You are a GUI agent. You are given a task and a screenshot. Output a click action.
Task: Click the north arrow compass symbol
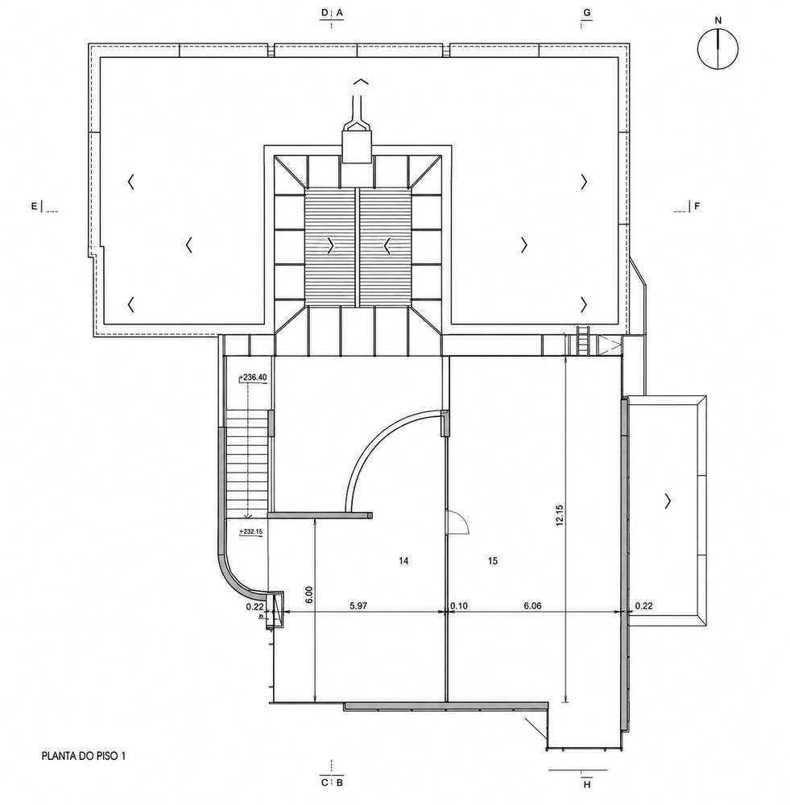click(718, 49)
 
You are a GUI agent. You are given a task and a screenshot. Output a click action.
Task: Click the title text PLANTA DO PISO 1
click(84, 756)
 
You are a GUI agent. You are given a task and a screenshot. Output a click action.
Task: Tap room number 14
click(403, 560)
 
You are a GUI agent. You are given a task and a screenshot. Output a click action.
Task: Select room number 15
click(493, 560)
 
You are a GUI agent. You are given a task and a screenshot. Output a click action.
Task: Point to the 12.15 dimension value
click(560, 515)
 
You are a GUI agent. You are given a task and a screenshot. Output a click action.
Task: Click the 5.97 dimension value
click(358, 605)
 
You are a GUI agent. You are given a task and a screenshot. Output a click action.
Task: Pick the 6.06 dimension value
click(532, 605)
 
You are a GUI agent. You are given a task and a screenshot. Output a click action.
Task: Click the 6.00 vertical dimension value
click(308, 595)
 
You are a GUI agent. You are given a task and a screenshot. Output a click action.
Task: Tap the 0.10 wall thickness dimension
click(459, 605)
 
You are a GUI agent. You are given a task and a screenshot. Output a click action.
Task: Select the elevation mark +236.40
click(254, 378)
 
